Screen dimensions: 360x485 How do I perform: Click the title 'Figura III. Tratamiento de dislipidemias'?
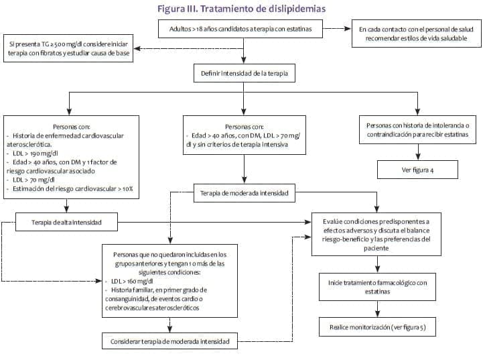[241, 9]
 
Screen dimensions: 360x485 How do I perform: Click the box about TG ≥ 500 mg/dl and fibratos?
[68, 48]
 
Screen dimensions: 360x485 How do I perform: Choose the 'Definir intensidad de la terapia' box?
[244, 72]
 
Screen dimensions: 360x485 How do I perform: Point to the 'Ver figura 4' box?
[417, 170]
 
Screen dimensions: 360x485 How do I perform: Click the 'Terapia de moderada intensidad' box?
[244, 193]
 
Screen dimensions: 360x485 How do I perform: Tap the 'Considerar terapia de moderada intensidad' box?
[169, 342]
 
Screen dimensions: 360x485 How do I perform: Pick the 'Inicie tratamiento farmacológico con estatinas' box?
[377, 287]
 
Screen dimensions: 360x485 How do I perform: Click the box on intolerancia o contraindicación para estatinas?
[417, 129]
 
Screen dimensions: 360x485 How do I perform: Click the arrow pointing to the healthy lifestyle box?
[338, 29]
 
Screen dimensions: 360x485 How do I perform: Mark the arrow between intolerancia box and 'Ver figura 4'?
[417, 152]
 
